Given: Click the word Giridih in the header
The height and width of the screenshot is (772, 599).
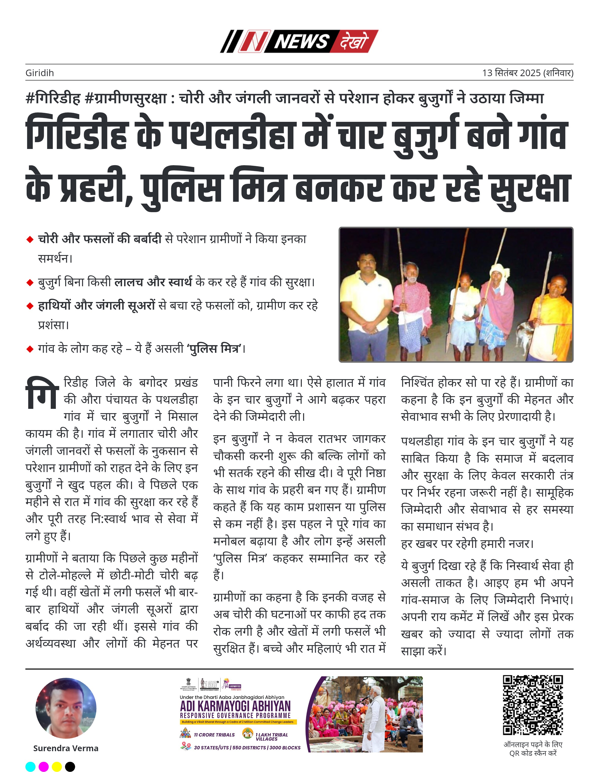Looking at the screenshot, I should coord(40,73).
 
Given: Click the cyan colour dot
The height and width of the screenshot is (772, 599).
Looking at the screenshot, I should coord(30,767).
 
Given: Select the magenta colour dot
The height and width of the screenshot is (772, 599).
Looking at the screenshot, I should coord(43,767).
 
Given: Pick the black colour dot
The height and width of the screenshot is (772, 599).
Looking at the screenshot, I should coord(70,767).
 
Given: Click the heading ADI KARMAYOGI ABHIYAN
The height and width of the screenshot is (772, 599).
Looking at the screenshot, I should coord(235,706).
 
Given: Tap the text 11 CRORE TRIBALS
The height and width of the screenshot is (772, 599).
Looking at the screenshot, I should coord(214,735).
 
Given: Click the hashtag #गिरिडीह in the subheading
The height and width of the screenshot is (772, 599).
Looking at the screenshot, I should coord(53,98).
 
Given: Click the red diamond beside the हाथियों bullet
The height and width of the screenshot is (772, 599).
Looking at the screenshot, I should coord(30,306).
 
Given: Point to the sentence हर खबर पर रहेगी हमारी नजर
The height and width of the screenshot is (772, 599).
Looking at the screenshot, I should coord(467,544).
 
